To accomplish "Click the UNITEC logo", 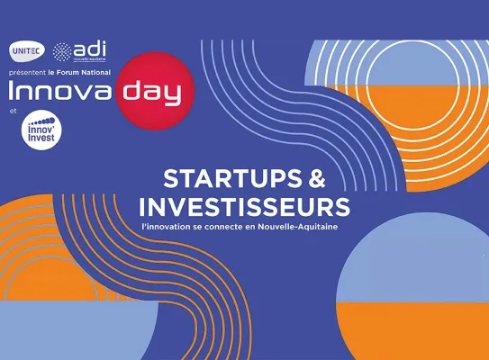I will click(x=24, y=49).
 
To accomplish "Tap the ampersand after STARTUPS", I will click(x=319, y=178).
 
